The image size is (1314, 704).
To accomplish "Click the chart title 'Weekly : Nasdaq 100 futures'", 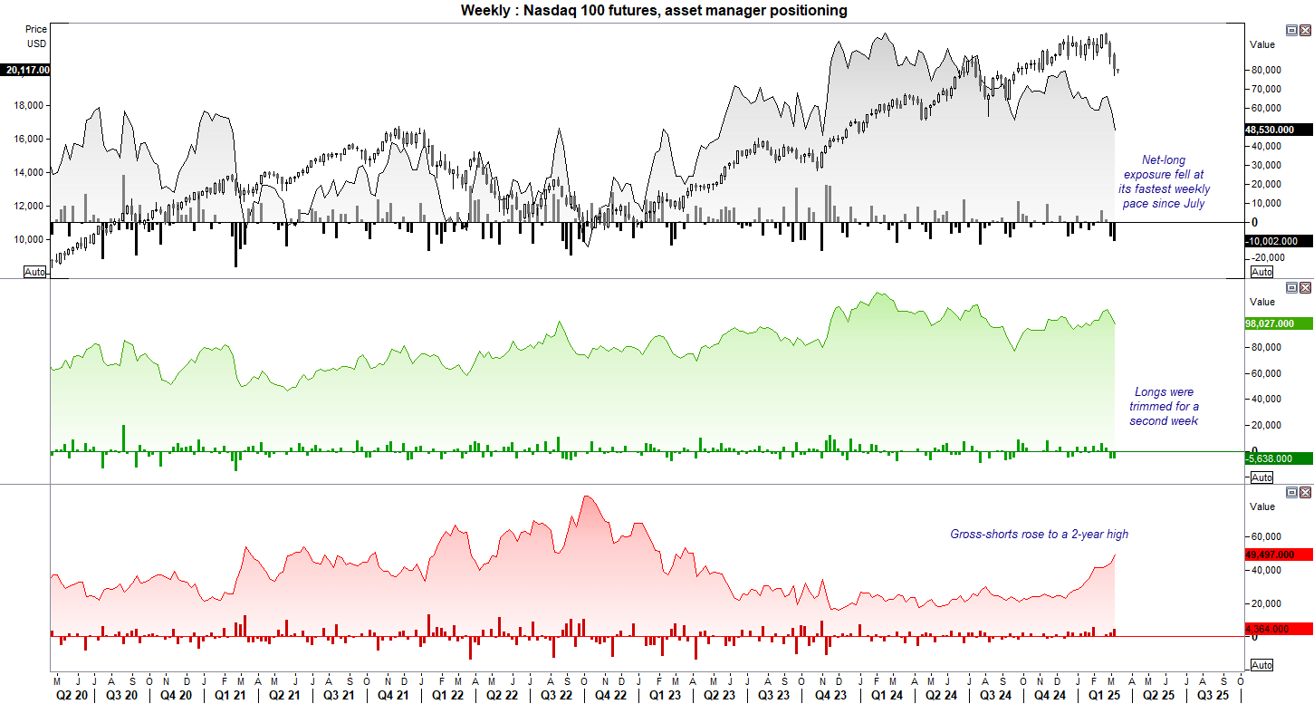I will point(654,10).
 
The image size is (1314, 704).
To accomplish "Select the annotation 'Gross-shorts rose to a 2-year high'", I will point(1039,535).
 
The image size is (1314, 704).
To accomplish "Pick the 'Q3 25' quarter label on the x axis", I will point(1213,695).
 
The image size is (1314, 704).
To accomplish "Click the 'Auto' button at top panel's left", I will point(34,272).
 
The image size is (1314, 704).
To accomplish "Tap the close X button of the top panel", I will point(1305,31).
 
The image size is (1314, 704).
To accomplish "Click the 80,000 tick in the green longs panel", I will point(1266,347).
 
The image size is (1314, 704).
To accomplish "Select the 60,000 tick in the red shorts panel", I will point(1266,536).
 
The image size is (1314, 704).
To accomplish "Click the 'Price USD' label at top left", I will point(36,36).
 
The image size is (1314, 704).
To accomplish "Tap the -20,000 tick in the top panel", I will point(1266,257).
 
